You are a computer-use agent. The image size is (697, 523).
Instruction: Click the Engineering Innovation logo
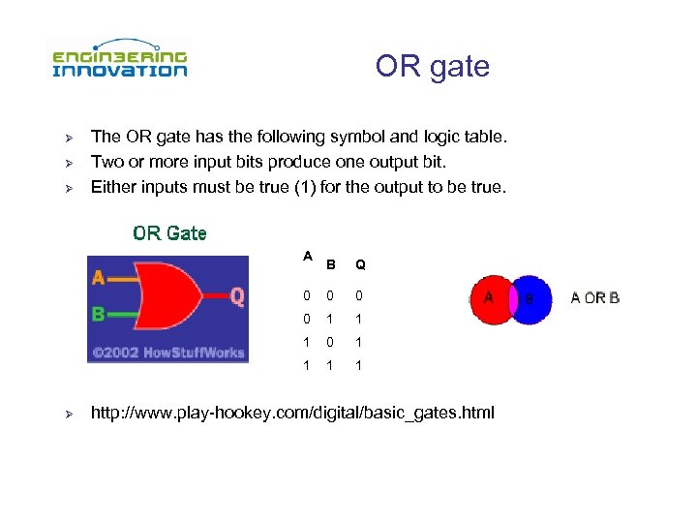coord(119,58)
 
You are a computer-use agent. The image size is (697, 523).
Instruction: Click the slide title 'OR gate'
coord(432,67)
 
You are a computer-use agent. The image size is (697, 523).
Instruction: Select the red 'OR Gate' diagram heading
coord(169,233)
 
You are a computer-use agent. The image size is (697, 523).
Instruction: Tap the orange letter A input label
coord(98,278)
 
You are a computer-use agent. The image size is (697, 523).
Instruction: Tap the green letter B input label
coord(98,314)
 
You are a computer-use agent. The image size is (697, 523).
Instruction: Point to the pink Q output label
coord(237,296)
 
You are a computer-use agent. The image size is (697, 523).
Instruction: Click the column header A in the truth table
coord(307,256)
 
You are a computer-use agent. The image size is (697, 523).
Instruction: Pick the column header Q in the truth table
coord(360,264)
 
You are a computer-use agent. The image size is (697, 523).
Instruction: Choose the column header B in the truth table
coord(332,264)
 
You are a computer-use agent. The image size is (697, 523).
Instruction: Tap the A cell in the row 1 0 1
coord(306,342)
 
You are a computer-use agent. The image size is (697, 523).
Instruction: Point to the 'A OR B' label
coord(594,298)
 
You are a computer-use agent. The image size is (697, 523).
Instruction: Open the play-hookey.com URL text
coord(291,414)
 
